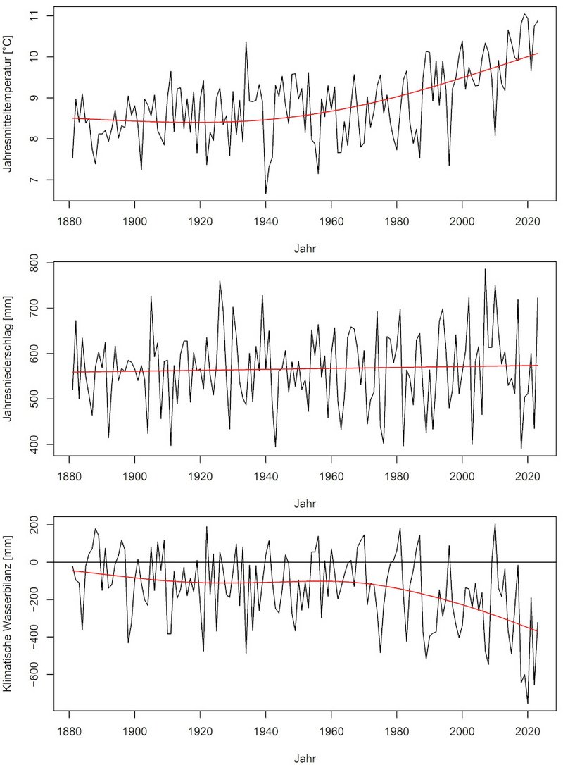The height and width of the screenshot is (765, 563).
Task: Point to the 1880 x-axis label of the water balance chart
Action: pyautogui.click(x=69, y=732)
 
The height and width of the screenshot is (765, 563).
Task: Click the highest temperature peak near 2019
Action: pyautogui.click(x=524, y=14)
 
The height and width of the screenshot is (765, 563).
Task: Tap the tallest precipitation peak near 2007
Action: pyautogui.click(x=485, y=269)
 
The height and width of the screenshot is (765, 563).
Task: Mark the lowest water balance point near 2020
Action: pyautogui.click(x=527, y=703)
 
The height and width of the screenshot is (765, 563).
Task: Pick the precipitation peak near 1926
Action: pyautogui.click(x=220, y=281)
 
